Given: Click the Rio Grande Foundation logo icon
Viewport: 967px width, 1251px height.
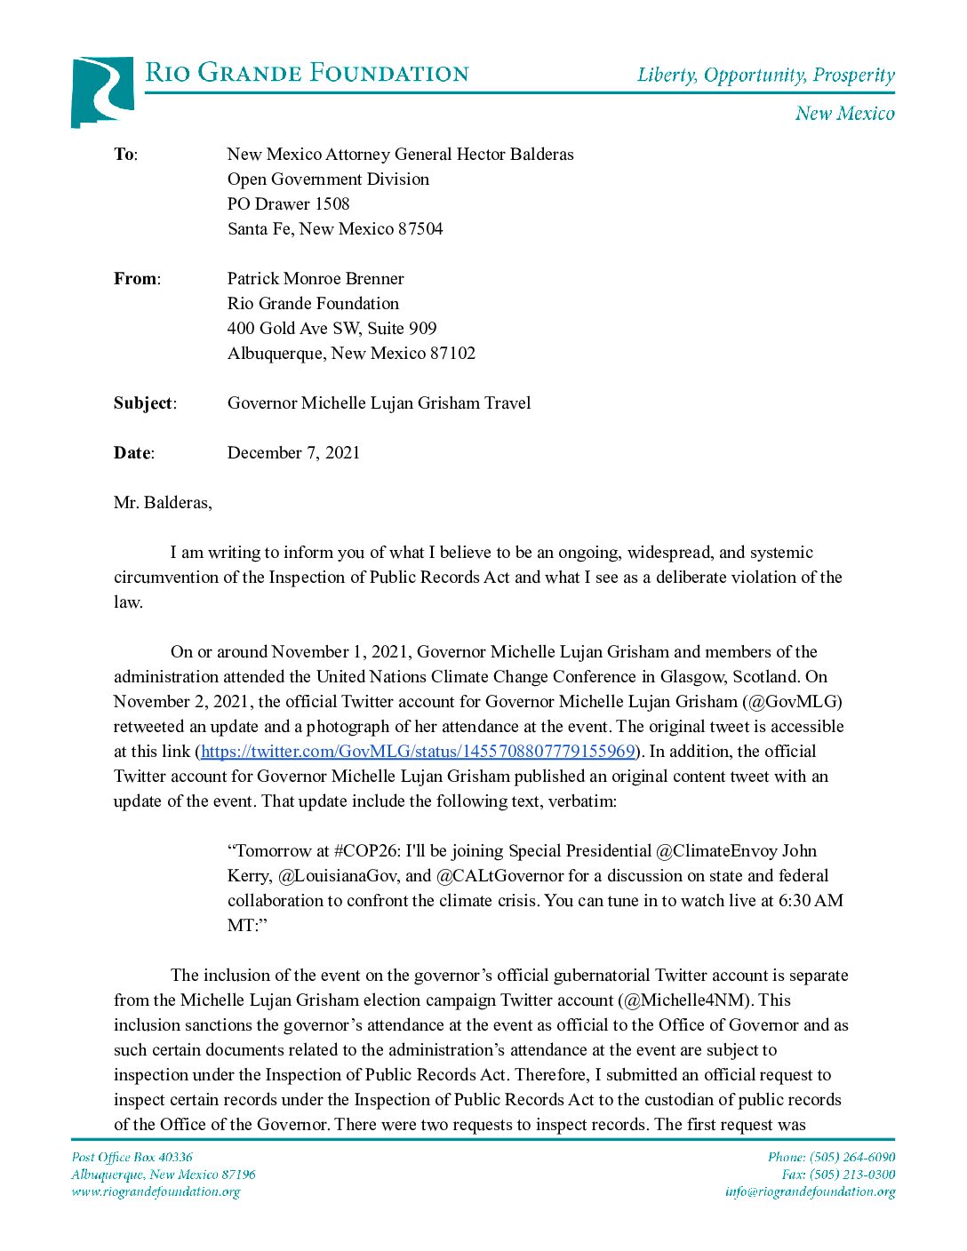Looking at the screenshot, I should pyautogui.click(x=102, y=92).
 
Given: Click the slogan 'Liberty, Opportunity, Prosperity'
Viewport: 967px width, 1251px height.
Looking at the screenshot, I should pyautogui.click(x=765, y=75).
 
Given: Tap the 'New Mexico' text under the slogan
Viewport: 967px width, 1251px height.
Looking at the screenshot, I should pyautogui.click(x=844, y=113).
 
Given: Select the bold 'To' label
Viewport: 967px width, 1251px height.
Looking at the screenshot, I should pyautogui.click(x=124, y=155).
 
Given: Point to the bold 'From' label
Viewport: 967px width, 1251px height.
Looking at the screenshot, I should pyautogui.click(x=135, y=279).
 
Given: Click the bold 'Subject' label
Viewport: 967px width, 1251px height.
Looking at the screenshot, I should pyautogui.click(x=143, y=403).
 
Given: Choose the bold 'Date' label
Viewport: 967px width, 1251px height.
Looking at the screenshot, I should pyautogui.click(x=132, y=453).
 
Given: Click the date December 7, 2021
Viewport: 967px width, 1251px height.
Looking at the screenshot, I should pyautogui.click(x=293, y=453).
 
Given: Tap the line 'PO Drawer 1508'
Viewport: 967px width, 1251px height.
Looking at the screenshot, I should pyautogui.click(x=288, y=204).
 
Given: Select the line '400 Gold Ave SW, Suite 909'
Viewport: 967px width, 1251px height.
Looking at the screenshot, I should pyautogui.click(x=332, y=329).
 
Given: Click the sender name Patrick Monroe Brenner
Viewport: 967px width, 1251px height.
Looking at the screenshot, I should pyautogui.click(x=316, y=279).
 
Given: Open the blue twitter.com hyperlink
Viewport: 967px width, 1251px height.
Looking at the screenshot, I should pyautogui.click(x=418, y=752).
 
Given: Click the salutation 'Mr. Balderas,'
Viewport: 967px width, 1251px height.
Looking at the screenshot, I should pyautogui.click(x=163, y=503).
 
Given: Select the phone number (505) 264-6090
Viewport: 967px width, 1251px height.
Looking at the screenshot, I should pyautogui.click(x=852, y=1157).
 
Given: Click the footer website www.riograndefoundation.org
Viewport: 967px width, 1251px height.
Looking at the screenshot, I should pyautogui.click(x=156, y=1191).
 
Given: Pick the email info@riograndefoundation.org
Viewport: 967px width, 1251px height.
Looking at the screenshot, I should pyautogui.click(x=810, y=1191).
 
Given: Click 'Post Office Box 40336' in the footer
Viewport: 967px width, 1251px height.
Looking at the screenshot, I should pyautogui.click(x=132, y=1157).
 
